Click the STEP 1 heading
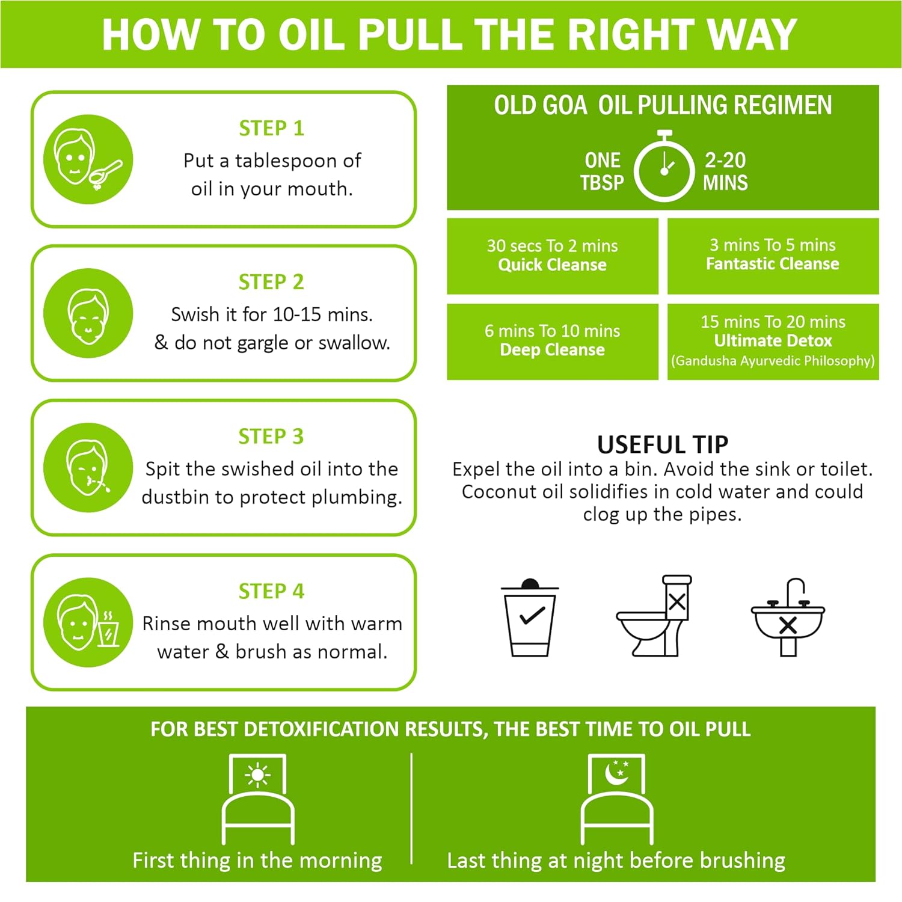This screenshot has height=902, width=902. (271, 128)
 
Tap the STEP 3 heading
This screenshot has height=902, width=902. (271, 436)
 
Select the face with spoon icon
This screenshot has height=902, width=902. (88, 159)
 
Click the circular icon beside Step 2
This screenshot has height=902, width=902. (88, 313)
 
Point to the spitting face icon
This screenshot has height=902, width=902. (88, 467)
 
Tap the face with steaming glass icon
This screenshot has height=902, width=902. (88, 622)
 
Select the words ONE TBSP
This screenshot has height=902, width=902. (602, 171)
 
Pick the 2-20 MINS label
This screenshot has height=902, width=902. (725, 171)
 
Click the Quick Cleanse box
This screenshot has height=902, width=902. (553, 256)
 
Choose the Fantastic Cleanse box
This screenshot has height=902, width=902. (773, 256)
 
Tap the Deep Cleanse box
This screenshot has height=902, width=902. (553, 342)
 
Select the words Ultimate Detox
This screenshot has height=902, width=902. (773, 341)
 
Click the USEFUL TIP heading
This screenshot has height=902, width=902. (663, 445)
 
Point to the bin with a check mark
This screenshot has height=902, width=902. (530, 618)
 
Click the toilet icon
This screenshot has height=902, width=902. (654, 615)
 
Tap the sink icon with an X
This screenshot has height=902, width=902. (788, 617)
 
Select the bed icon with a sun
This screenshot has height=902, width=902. (258, 799)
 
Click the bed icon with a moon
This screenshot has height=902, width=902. (617, 799)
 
